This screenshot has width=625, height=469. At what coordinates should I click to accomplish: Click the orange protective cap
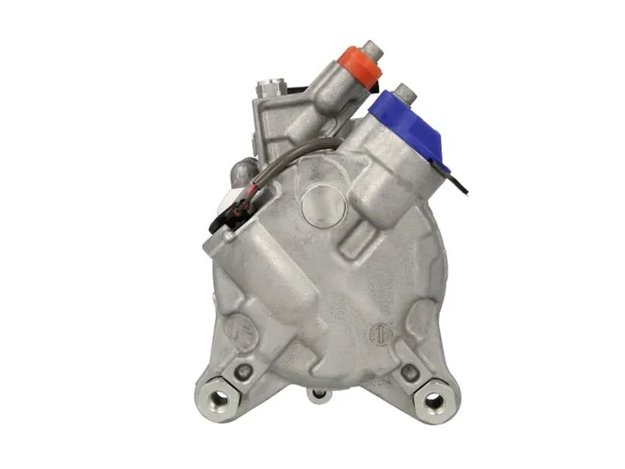click(359, 63)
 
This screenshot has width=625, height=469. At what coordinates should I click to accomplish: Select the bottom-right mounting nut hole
click(434, 400)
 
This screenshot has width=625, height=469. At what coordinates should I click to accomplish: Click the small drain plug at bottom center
click(319, 395)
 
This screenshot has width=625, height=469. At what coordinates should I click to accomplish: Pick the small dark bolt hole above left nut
click(246, 371)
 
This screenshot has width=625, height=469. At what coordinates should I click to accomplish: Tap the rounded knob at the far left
click(239, 171)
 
